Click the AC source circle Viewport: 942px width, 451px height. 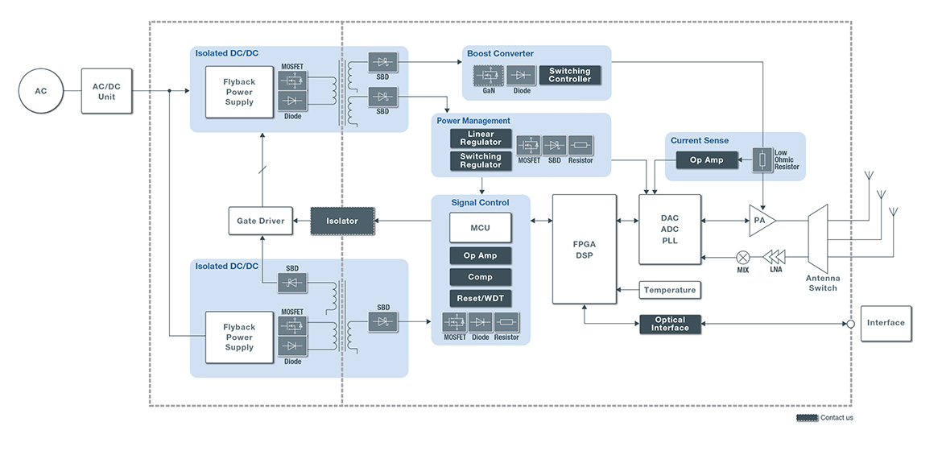tap(41, 91)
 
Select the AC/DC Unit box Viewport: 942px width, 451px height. tap(107, 91)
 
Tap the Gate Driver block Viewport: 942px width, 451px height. tap(260, 221)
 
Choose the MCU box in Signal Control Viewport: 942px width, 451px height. tap(480, 228)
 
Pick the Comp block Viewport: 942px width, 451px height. tap(480, 277)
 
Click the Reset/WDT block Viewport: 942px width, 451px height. tap(480, 298)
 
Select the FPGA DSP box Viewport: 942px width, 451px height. tap(583, 249)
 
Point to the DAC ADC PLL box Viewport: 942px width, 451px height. tap(669, 229)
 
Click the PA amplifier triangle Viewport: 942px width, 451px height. tap(761, 220)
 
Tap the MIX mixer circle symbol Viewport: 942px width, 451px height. tap(742, 257)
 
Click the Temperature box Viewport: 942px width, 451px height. tap(669, 290)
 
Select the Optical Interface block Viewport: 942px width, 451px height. tap(670, 324)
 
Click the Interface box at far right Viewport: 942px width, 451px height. tap(886, 323)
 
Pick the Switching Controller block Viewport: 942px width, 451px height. tap(569, 75)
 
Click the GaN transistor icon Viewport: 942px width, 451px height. tap(489, 76)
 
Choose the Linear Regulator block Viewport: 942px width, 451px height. tap(480, 139)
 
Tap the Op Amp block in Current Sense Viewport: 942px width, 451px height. tap(706, 160)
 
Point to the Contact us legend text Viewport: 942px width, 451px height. tap(836, 418)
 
